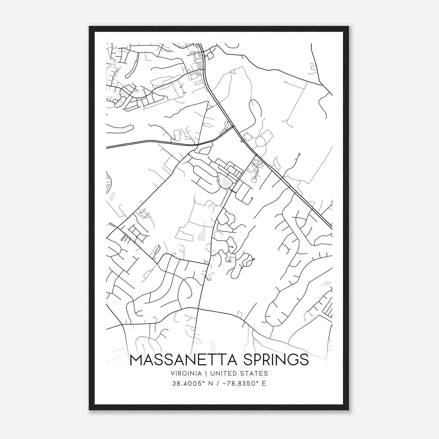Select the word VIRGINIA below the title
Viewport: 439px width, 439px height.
pos(186,373)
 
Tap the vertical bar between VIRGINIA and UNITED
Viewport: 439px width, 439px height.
pos(204,373)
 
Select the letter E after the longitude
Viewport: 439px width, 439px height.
pos(264,383)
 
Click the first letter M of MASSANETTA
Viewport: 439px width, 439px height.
pos(136,360)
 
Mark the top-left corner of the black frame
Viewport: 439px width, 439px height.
pos(89,27)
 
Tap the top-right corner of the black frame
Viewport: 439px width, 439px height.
pos(348,27)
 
